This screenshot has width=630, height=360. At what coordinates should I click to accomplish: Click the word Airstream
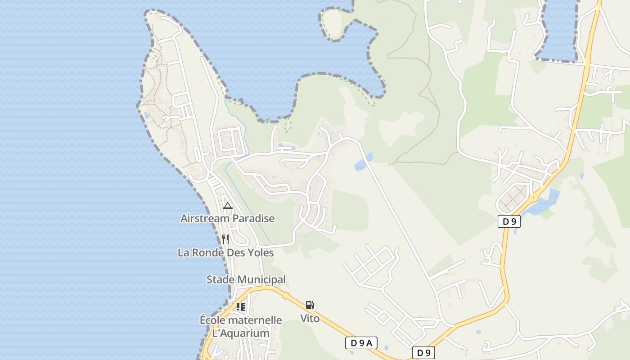202,219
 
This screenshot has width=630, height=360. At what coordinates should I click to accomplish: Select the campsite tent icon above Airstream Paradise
228,206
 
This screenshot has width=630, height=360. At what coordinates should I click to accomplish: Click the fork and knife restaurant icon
225,239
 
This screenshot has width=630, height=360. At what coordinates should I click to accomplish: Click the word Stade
220,279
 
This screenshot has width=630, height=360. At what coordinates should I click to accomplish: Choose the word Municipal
261,279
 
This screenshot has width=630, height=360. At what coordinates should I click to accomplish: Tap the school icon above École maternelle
241,307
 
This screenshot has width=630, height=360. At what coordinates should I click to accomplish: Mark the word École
213,320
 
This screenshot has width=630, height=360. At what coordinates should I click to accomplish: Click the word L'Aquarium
241,333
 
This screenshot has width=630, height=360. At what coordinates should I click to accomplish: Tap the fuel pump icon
310,305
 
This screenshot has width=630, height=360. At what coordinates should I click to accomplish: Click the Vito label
310,319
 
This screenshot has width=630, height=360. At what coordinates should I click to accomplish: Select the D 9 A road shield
361,343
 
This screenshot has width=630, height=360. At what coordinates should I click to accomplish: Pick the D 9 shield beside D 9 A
423,353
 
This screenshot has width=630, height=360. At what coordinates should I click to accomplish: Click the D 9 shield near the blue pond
509,221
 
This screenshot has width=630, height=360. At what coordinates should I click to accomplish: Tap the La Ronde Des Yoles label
225,252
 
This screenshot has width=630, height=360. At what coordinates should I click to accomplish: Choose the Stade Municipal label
246,279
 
